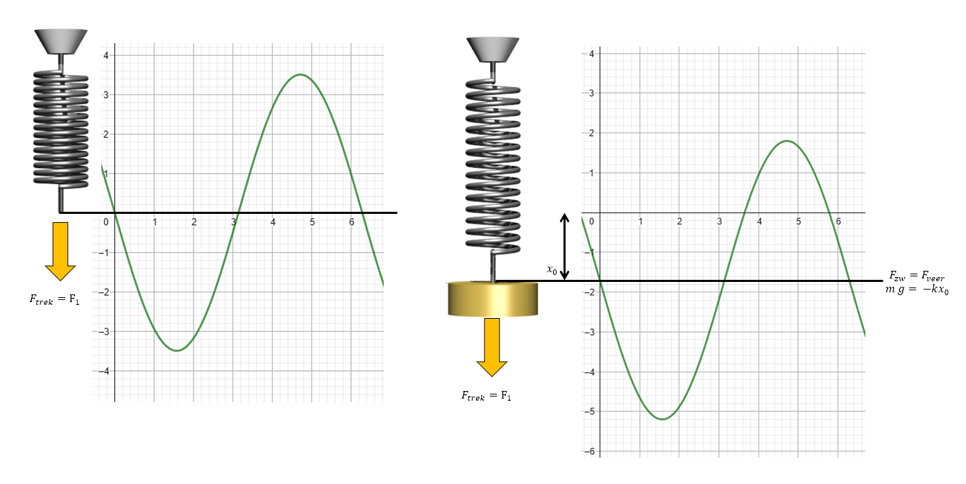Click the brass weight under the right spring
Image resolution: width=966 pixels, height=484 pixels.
(493, 299)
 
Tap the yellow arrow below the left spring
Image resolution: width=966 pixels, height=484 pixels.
(60, 251)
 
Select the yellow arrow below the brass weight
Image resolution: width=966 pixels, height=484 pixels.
(492, 347)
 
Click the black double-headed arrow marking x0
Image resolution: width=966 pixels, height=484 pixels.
(564, 247)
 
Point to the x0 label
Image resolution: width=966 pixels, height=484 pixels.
(552, 270)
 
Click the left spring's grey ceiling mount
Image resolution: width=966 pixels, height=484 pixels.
(61, 42)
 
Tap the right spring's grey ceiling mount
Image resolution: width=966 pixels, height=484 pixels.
(493, 49)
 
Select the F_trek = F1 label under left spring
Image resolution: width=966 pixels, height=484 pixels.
(55, 299)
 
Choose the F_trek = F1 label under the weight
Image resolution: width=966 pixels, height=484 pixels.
(486, 396)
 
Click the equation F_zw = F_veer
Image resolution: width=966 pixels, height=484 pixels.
(917, 276)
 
